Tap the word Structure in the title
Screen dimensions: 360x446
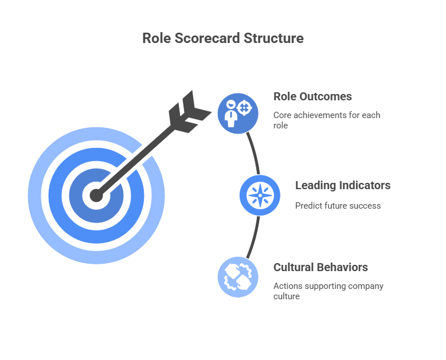click(x=273, y=38)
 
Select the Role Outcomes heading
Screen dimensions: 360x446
click(x=312, y=96)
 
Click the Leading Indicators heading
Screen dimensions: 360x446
click(x=343, y=185)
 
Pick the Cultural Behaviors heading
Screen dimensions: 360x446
click(x=320, y=267)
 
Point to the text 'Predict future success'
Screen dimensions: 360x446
click(x=338, y=205)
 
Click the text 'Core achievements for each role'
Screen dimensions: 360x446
click(x=327, y=120)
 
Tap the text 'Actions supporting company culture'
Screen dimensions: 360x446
click(x=328, y=291)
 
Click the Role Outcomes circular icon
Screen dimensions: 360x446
click(x=238, y=114)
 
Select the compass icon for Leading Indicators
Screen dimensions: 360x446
click(x=260, y=195)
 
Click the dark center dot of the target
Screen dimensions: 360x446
click(x=96, y=195)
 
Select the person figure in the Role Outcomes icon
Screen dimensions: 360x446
click(x=232, y=114)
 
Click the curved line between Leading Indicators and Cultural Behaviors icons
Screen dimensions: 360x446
click(x=255, y=236)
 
